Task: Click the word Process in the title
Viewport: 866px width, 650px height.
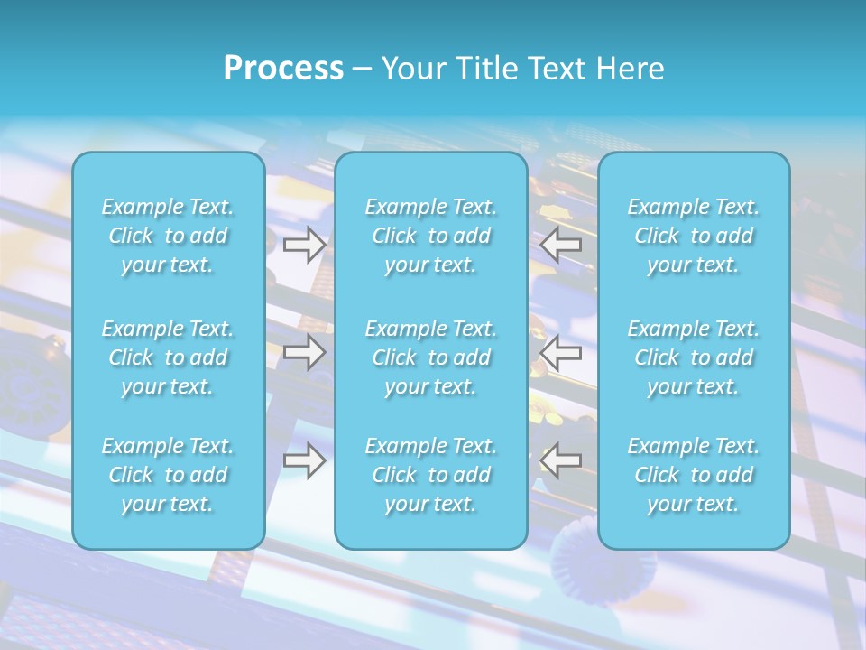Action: tap(283, 69)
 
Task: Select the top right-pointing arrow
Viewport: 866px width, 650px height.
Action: tap(305, 245)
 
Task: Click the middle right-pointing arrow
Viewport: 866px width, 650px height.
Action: tap(305, 352)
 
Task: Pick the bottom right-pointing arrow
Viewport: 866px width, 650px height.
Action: tap(305, 460)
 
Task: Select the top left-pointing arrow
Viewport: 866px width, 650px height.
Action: tap(561, 244)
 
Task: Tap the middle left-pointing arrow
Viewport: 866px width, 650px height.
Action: tap(561, 352)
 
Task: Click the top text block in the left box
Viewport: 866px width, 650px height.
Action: tap(168, 236)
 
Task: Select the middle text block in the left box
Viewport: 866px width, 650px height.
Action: tap(168, 357)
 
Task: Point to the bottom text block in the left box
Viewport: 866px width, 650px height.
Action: tap(168, 475)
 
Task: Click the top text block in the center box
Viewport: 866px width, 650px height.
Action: tap(431, 236)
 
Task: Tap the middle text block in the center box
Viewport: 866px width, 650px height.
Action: tap(431, 357)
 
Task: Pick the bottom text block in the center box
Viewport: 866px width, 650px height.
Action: tap(431, 475)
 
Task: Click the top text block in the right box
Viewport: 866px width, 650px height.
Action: tap(694, 236)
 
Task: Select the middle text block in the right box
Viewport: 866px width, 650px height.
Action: tap(694, 357)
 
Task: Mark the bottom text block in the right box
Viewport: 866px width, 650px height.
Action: tap(694, 475)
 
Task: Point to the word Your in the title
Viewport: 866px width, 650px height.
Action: tap(412, 69)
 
